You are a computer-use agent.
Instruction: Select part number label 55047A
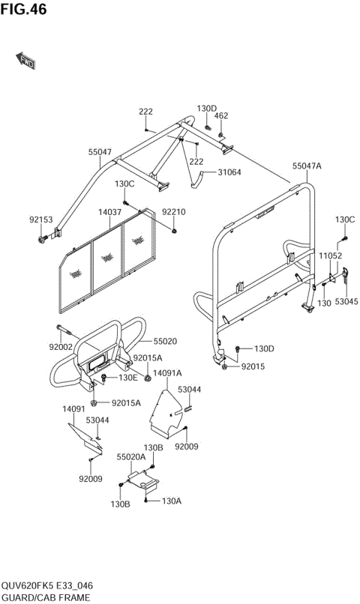tap(307, 166)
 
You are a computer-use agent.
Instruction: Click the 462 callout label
tap(221, 116)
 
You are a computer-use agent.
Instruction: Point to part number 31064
tap(229, 172)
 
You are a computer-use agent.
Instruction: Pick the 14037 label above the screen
tap(109, 212)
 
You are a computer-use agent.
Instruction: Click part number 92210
tap(174, 212)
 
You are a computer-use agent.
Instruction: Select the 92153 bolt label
tap(41, 220)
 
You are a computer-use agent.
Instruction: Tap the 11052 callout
tap(331, 256)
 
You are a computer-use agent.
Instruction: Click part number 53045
tap(346, 301)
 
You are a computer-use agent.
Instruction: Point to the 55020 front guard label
tap(165, 341)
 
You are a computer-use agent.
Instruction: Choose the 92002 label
tap(61, 347)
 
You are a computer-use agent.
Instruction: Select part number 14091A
tap(168, 372)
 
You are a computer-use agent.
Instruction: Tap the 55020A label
tap(130, 456)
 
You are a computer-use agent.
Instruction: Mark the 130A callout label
tap(172, 501)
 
